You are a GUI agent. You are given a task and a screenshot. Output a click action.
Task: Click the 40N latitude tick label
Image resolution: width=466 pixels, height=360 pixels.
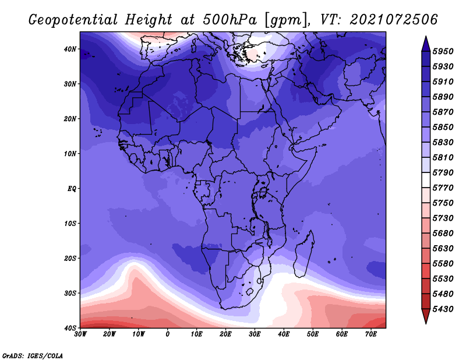coord(70,49)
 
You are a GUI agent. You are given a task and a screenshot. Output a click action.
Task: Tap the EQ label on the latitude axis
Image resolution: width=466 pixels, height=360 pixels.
coord(72,189)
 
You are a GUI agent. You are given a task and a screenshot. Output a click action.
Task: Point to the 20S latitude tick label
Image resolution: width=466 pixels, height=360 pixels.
coord(70,258)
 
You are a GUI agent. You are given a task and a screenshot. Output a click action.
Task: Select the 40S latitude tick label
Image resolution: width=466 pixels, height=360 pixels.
coord(70,328)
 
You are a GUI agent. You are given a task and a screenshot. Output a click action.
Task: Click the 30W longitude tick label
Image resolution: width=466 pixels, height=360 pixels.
coord(80,334)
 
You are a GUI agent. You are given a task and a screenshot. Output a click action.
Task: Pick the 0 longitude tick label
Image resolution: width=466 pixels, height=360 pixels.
coord(168,334)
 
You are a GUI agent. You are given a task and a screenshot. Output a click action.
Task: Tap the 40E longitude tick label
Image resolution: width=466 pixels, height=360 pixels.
coord(284,334)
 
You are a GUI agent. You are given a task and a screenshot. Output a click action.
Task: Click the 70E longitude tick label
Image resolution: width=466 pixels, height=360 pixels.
coord(371,334)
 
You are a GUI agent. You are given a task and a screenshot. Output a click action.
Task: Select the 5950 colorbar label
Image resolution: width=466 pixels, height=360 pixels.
coord(443,51)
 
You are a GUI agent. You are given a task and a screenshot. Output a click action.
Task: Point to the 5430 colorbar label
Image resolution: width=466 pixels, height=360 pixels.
coord(443,309)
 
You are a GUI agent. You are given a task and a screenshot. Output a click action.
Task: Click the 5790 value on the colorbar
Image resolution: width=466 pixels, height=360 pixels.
coord(443,172)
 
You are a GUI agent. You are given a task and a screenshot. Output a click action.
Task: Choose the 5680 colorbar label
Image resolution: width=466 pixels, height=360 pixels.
coord(443,234)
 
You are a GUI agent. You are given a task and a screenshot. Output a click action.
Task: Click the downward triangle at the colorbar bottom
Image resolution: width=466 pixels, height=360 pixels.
coord(426,316)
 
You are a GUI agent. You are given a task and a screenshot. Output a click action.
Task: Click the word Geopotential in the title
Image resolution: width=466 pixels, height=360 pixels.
coord(73,20)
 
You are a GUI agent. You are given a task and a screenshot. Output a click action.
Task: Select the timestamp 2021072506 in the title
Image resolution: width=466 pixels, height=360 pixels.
coord(394,20)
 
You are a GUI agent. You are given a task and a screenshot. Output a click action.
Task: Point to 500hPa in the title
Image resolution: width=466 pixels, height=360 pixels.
coord(230,20)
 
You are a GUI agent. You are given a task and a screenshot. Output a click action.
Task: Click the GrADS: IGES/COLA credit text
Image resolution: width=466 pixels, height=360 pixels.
coord(33,356)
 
